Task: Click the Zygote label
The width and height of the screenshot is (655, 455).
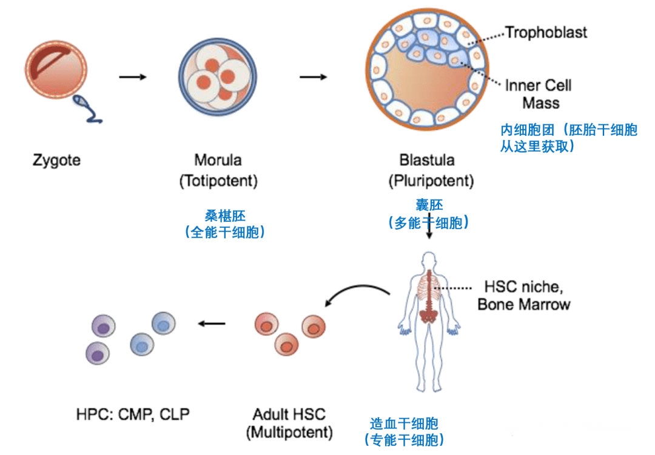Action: click(56, 161)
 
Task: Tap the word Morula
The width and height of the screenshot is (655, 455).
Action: click(218, 161)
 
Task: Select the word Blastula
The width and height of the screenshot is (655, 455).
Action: click(428, 161)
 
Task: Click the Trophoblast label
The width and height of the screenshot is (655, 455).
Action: click(546, 32)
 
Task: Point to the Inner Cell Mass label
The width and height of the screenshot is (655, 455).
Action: click(539, 94)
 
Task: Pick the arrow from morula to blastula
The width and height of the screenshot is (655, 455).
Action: click(314, 77)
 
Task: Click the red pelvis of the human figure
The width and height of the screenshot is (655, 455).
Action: click(430, 315)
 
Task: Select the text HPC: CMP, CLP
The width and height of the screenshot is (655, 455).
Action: click(133, 415)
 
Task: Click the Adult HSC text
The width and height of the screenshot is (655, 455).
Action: click(289, 415)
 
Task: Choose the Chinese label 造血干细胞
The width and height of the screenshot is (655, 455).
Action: click(404, 423)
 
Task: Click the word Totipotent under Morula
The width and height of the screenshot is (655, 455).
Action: click(218, 181)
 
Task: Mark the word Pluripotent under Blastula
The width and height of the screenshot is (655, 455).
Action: click(431, 181)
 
